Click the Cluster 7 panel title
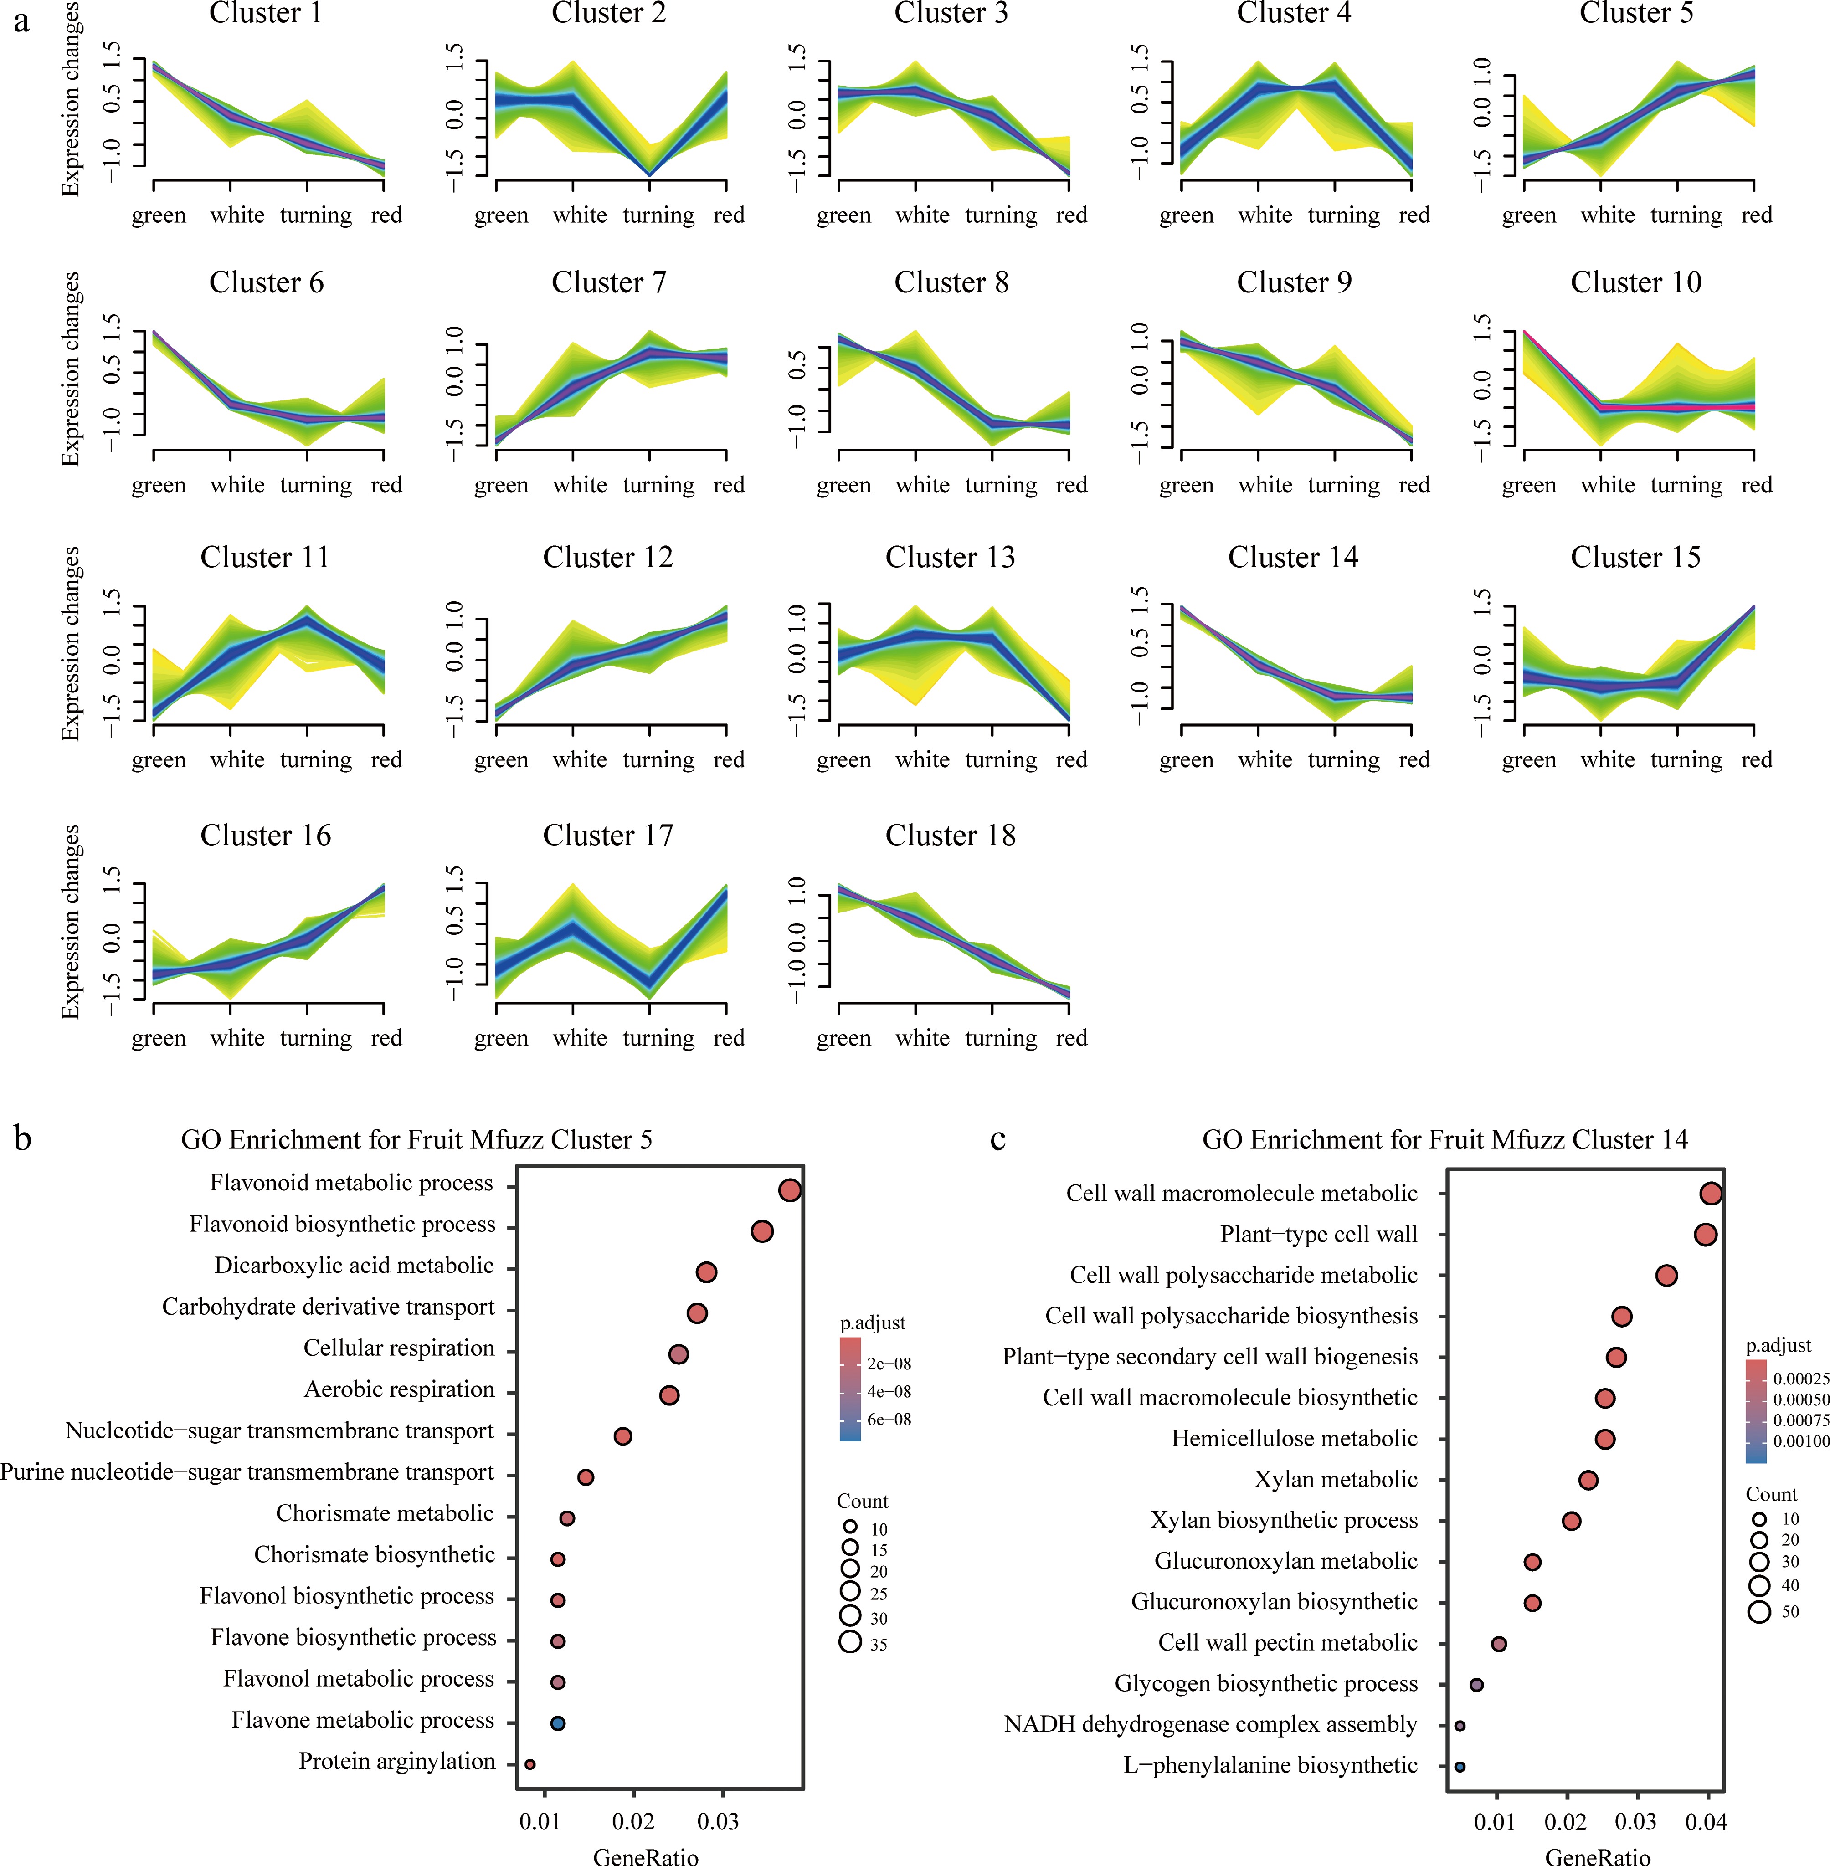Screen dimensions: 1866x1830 [608, 282]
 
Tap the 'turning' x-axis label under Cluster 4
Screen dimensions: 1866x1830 [1344, 215]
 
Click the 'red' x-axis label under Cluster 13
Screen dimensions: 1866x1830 [1071, 760]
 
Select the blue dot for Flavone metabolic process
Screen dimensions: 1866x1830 [557, 1723]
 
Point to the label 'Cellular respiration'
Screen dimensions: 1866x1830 [399, 1348]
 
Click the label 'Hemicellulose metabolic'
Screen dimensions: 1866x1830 [1294, 1438]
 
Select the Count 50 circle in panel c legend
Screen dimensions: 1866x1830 [1759, 1611]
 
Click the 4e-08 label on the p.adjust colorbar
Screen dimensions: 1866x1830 [888, 1391]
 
